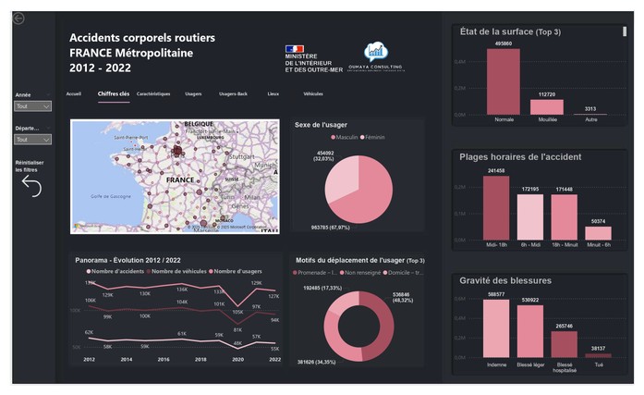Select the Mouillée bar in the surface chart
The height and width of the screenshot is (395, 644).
pyautogui.click(x=547, y=107)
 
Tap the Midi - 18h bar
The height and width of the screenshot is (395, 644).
pyautogui.click(x=496, y=208)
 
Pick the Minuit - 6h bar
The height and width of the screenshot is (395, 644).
pyautogui.click(x=598, y=233)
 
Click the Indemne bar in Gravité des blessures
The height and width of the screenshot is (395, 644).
pyautogui.click(x=496, y=328)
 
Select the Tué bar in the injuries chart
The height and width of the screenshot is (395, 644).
pyautogui.click(x=598, y=355)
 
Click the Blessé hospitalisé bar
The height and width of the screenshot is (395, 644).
pyautogui.click(x=564, y=343)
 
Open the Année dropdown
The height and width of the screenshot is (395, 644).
pyautogui.click(x=33, y=106)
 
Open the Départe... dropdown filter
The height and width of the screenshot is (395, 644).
pyautogui.click(x=33, y=140)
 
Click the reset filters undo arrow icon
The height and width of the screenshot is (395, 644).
pyautogui.click(x=31, y=187)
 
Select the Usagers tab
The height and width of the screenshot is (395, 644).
pyautogui.click(x=193, y=94)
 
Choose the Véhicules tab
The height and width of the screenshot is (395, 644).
pyautogui.click(x=313, y=94)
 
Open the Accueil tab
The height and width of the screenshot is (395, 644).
pyautogui.click(x=74, y=94)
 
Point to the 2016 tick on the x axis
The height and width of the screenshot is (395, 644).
pyautogui.click(x=163, y=359)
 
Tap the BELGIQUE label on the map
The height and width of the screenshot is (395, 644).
pyautogui.click(x=199, y=124)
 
